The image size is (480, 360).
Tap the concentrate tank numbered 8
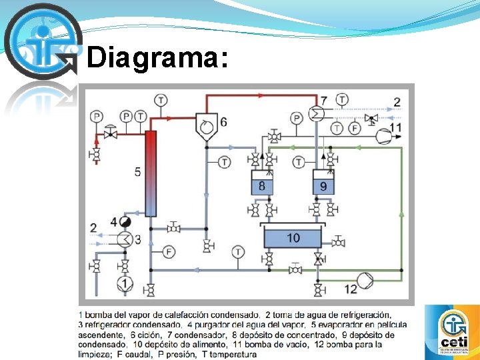tap(261, 185)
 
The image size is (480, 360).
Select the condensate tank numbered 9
tap(323, 185)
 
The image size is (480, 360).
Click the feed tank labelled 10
tap(293, 237)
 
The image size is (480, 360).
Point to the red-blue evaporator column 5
tap(151, 173)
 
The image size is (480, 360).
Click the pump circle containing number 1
tap(123, 284)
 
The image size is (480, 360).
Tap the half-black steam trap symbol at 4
tap(125, 221)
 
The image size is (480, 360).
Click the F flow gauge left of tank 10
tap(169, 251)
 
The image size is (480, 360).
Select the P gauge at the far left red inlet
tap(97, 116)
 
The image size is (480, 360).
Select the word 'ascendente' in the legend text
tap(101, 335)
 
